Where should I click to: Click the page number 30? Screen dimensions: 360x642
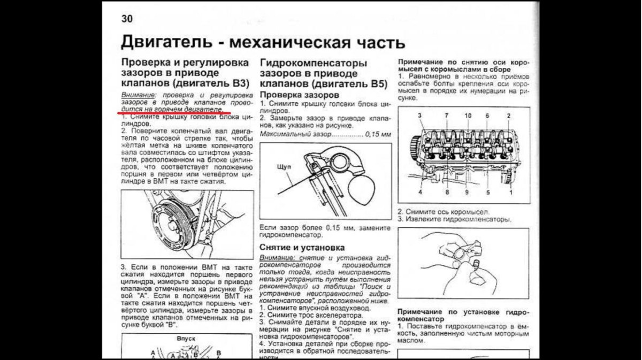pos(127,19)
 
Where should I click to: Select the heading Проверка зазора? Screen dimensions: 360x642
pos(291,95)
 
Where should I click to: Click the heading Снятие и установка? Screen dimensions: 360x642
pos(302,247)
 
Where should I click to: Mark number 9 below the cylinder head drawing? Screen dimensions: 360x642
pos(466,192)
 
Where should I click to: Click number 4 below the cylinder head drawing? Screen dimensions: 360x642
pos(421,192)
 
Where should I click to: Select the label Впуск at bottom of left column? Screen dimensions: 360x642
pos(185,339)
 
